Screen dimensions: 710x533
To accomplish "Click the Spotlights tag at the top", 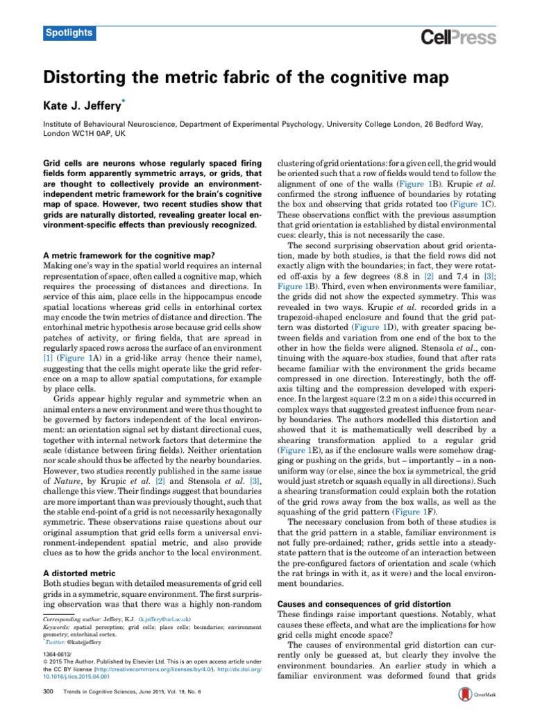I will click(67, 33).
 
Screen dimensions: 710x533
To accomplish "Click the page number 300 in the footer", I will click(49, 691).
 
